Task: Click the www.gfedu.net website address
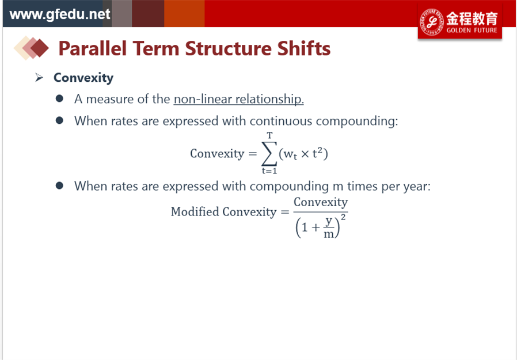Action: (60, 14)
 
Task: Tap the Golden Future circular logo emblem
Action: (431, 22)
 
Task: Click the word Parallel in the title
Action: (93, 48)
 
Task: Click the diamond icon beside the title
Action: (31, 48)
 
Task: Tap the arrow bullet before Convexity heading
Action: (39, 78)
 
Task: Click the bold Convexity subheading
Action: (83, 78)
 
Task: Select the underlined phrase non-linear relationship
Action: (239, 99)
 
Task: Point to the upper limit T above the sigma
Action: (269, 135)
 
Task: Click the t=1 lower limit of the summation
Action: (269, 170)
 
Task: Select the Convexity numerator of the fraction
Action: (321, 202)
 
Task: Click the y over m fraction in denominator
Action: (329, 228)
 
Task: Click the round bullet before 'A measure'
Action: (59, 98)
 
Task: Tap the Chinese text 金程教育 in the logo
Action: (472, 18)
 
